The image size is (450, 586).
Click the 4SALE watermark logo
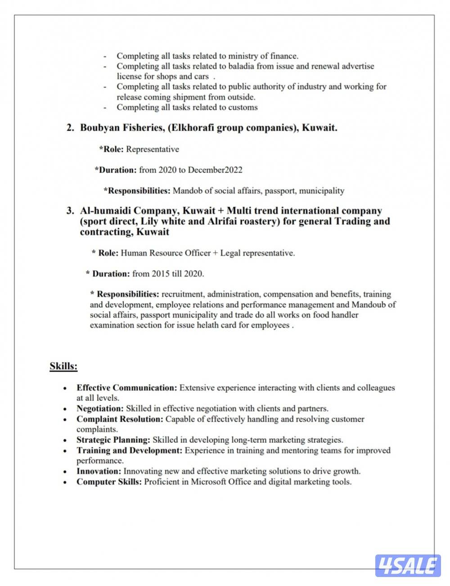coord(408,566)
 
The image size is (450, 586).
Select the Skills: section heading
coord(63,366)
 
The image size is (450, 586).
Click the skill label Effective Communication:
coord(127,387)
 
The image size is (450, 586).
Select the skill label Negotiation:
coord(100,409)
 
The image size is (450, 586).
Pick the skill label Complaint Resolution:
coord(120,419)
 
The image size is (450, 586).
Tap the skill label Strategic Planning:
coord(113,440)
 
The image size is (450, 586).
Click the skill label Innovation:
coord(99,471)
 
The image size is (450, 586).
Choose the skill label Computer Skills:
coord(109,482)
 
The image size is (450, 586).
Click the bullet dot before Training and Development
coord(66,451)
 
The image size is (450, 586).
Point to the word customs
coord(243,107)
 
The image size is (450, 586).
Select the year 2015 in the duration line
coord(161,273)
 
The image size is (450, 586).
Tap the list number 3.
coord(70,211)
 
